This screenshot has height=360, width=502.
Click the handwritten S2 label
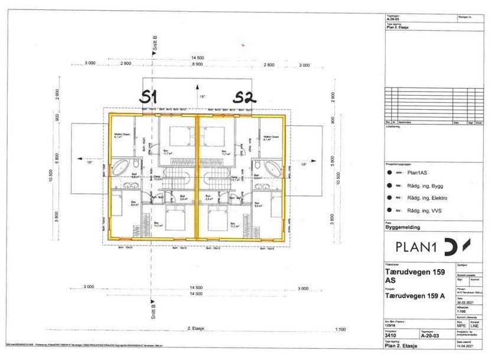coord(245,97)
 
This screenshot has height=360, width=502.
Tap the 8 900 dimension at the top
coord(197,64)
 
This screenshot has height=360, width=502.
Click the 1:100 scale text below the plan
coord(340,330)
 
